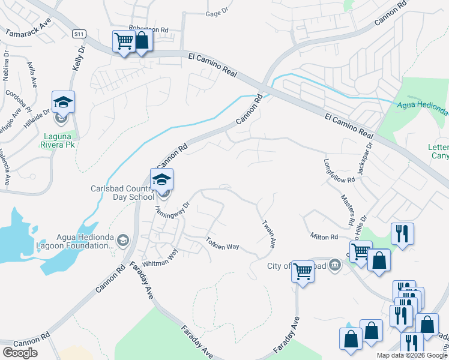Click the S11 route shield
point(78,34)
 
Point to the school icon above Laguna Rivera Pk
point(63,103)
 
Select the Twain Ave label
point(268,233)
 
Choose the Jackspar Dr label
point(365,159)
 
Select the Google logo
point(20,353)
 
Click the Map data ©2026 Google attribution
point(411,355)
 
